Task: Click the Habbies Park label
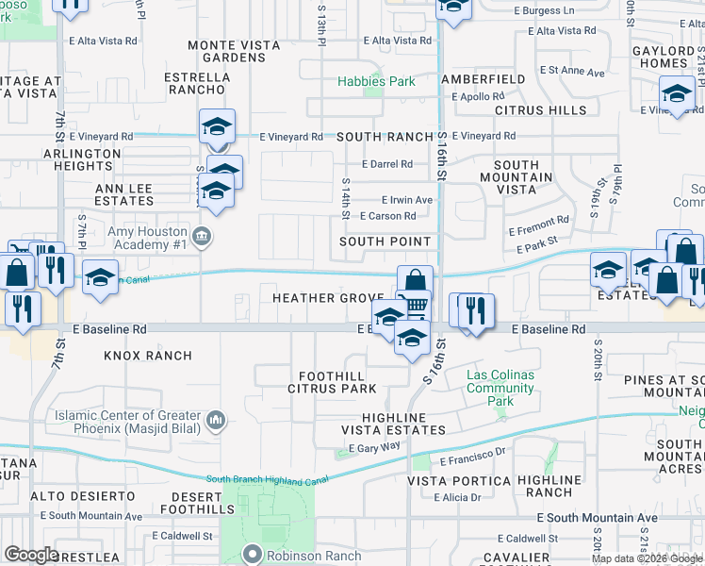coord(377,82)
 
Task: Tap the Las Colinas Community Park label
coord(500,388)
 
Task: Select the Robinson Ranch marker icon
coord(252,555)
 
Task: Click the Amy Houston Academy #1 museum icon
coord(201,234)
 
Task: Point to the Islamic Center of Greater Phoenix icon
coord(216,419)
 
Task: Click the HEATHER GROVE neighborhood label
coord(328,298)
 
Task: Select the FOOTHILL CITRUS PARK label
coord(325,381)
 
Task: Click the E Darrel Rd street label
coord(387,163)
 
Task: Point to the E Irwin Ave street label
coord(407,200)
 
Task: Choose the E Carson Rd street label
coord(388,216)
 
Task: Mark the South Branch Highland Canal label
coord(255,480)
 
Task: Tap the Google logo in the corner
coord(31,554)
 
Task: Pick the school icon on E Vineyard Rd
coord(218,127)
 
